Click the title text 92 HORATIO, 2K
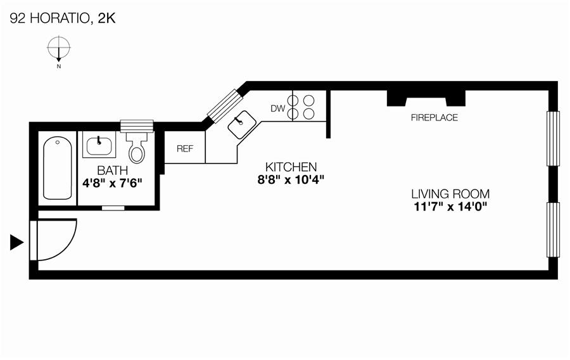(x=62, y=18)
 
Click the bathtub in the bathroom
(x=57, y=169)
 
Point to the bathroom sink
(x=99, y=145)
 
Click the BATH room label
(x=112, y=170)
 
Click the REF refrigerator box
(x=184, y=149)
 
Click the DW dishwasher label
(x=277, y=108)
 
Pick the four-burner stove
(x=301, y=106)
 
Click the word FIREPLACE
(x=434, y=118)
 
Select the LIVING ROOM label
(x=450, y=195)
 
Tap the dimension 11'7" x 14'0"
(x=450, y=206)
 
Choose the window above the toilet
(x=137, y=125)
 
